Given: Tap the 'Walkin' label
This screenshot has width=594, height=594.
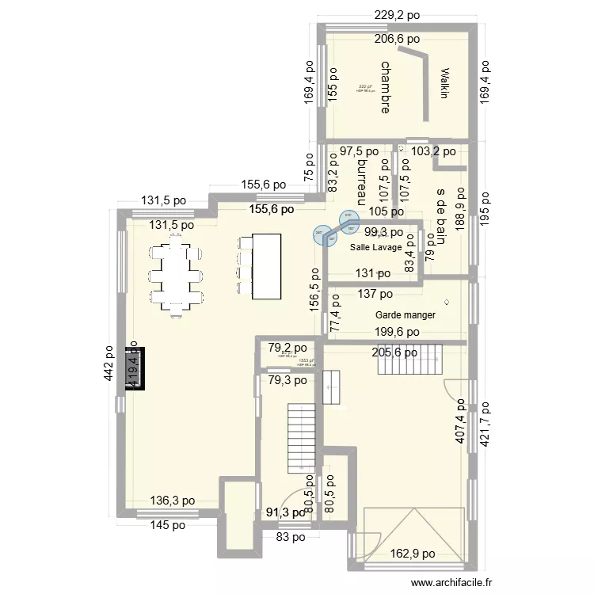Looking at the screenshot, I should pos(444,83).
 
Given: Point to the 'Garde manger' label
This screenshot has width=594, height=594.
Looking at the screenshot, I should pos(406,314).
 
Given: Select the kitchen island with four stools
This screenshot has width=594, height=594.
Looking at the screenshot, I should pos(265,266).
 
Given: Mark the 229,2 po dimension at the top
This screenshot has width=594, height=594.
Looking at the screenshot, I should pos(398,14).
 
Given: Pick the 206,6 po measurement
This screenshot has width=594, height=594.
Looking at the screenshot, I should pos(398,38).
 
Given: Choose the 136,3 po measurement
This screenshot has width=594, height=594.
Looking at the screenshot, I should pos(173,501).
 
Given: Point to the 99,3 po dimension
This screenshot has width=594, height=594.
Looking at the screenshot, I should pos(383,232).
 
